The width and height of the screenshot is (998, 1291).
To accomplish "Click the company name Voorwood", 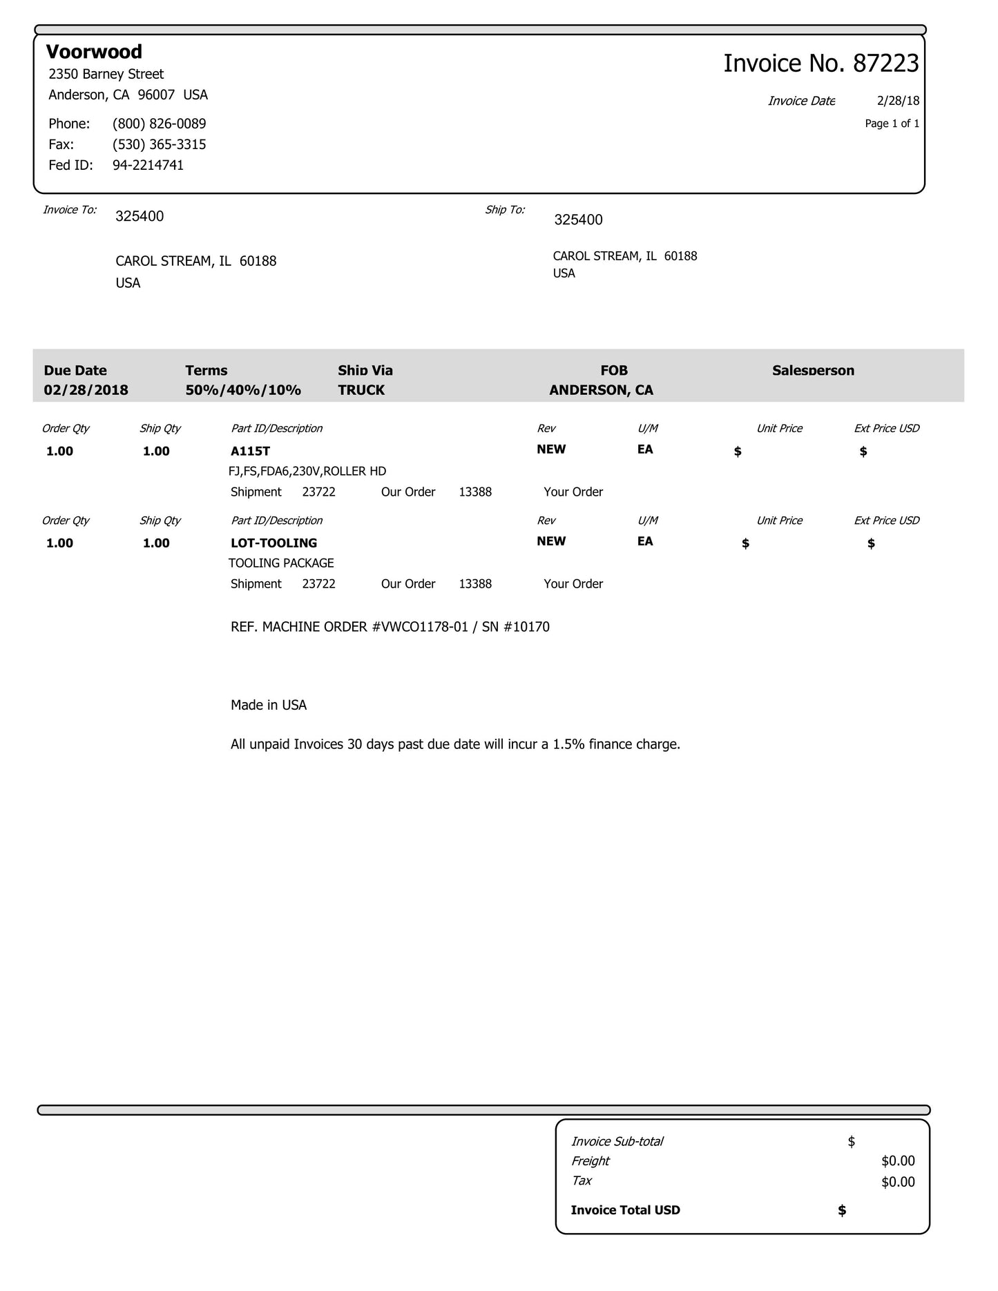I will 94,52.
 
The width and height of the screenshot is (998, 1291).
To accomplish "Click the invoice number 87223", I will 885,64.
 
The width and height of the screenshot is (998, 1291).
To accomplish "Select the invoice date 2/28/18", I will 898,101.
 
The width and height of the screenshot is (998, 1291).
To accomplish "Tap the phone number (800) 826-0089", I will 159,124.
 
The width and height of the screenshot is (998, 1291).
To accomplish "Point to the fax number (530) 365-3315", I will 159,144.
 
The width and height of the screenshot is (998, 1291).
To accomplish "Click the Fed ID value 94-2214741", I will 148,165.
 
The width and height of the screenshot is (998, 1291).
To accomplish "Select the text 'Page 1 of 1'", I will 892,124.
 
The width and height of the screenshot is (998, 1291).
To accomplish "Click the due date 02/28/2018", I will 86,390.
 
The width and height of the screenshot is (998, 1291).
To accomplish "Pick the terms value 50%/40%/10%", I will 243,390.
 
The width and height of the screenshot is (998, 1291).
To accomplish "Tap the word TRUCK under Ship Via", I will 361,390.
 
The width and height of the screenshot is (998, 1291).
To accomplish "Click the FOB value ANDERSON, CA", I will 601,390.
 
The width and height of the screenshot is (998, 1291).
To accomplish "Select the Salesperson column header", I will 813,371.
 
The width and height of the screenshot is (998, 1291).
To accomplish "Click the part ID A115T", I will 250,452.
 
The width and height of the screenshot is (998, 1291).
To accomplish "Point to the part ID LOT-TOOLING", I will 274,543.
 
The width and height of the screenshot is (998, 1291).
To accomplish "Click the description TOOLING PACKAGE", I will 281,563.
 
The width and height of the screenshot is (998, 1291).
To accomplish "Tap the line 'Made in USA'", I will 268,705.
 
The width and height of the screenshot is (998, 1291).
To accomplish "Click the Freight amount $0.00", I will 898,1161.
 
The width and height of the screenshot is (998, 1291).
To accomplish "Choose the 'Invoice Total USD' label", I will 625,1210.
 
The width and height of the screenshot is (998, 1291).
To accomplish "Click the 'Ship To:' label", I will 504,210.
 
